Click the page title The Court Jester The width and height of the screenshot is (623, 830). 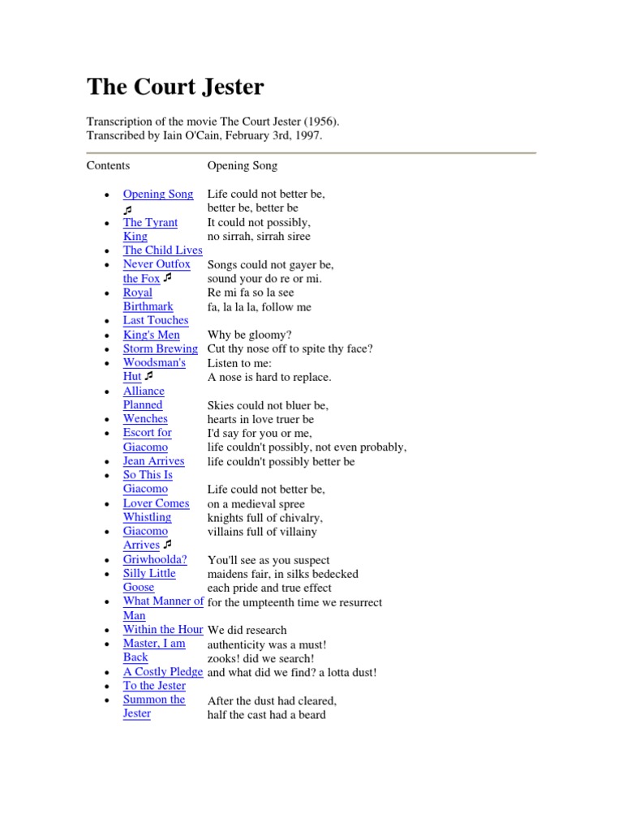pyautogui.click(x=175, y=88)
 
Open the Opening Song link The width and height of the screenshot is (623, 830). pyautogui.click(x=158, y=194)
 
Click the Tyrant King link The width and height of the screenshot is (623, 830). pyautogui.click(x=150, y=222)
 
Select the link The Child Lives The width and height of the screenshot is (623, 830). pyautogui.click(x=162, y=250)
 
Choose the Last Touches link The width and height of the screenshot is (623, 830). pyautogui.click(x=156, y=320)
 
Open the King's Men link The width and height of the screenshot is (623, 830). pyautogui.click(x=152, y=335)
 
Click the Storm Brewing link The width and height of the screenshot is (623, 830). pyautogui.click(x=161, y=349)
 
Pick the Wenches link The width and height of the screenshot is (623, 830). pyautogui.click(x=145, y=419)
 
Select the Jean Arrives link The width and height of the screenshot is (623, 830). pyautogui.click(x=153, y=461)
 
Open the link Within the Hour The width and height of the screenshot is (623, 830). pyautogui.click(x=163, y=629)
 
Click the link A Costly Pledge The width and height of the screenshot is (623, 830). pyautogui.click(x=163, y=672)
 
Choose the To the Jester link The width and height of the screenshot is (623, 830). pyautogui.click(x=154, y=686)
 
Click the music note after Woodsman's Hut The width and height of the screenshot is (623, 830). pyautogui.click(x=148, y=377)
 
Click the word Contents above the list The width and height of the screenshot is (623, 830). pyautogui.click(x=108, y=165)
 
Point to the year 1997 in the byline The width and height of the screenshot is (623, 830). pyautogui.click(x=307, y=135)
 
